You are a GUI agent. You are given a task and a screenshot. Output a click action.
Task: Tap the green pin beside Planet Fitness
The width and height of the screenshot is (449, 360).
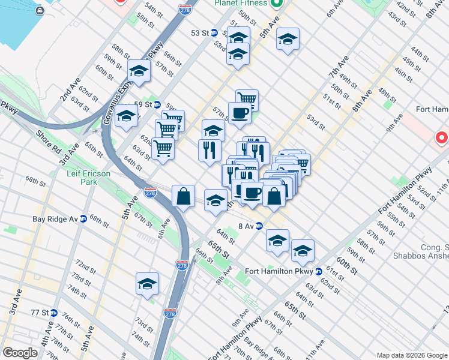point(277,4)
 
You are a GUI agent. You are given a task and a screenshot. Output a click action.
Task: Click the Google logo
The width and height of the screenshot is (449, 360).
point(19,353)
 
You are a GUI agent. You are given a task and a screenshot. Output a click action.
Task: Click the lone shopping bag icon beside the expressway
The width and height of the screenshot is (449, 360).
point(183,196)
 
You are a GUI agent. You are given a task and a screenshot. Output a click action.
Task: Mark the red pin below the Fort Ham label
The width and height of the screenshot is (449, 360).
point(442,139)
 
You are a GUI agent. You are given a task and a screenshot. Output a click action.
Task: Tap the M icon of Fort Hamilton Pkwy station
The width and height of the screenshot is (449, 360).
point(319,271)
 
